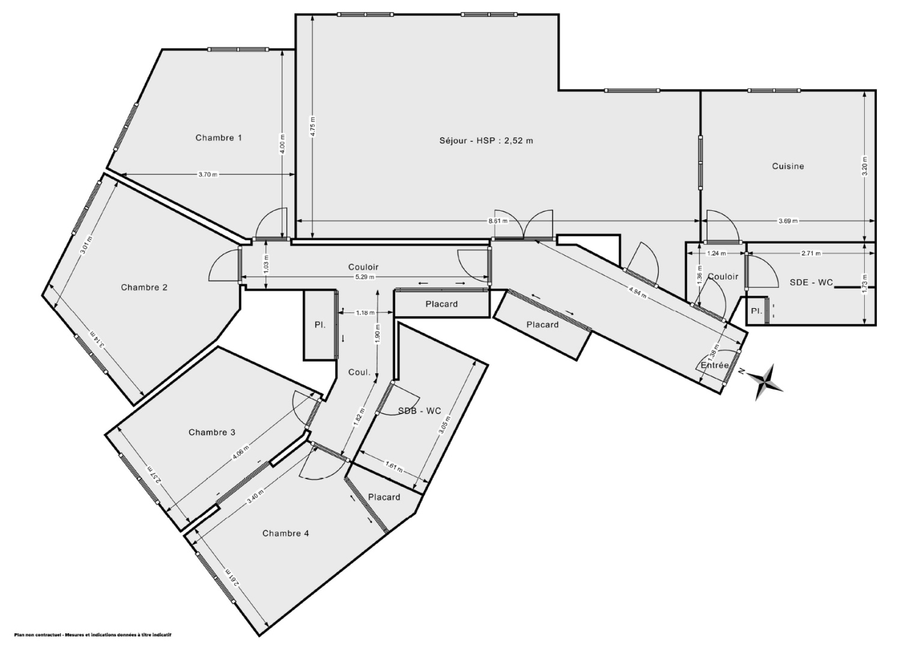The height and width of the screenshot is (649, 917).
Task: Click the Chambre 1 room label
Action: pos(219,138)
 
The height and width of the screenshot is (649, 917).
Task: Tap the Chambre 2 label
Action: pos(144,287)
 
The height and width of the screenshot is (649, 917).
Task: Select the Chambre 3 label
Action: pos(211,432)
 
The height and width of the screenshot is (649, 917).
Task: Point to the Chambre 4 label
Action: pos(285,533)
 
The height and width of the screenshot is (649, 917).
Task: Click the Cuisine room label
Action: pos(787,166)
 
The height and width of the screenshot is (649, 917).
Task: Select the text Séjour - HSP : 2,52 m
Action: pos(486,141)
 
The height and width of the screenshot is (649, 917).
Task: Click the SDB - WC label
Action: pos(419,410)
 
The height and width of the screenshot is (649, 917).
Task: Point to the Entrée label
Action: pos(715,365)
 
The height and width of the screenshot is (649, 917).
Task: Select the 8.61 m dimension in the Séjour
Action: pos(498,221)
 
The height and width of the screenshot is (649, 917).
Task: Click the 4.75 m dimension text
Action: pos(312,126)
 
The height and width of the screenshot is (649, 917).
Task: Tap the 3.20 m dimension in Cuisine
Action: pos(864,166)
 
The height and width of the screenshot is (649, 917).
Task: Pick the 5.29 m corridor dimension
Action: pos(364,277)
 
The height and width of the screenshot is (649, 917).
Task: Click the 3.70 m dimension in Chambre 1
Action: pos(208,175)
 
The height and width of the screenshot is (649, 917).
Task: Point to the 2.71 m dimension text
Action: pos(811,253)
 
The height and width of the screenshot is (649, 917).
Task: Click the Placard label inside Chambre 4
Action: pos(384,497)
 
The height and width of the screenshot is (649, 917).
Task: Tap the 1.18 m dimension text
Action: pos(365,312)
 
